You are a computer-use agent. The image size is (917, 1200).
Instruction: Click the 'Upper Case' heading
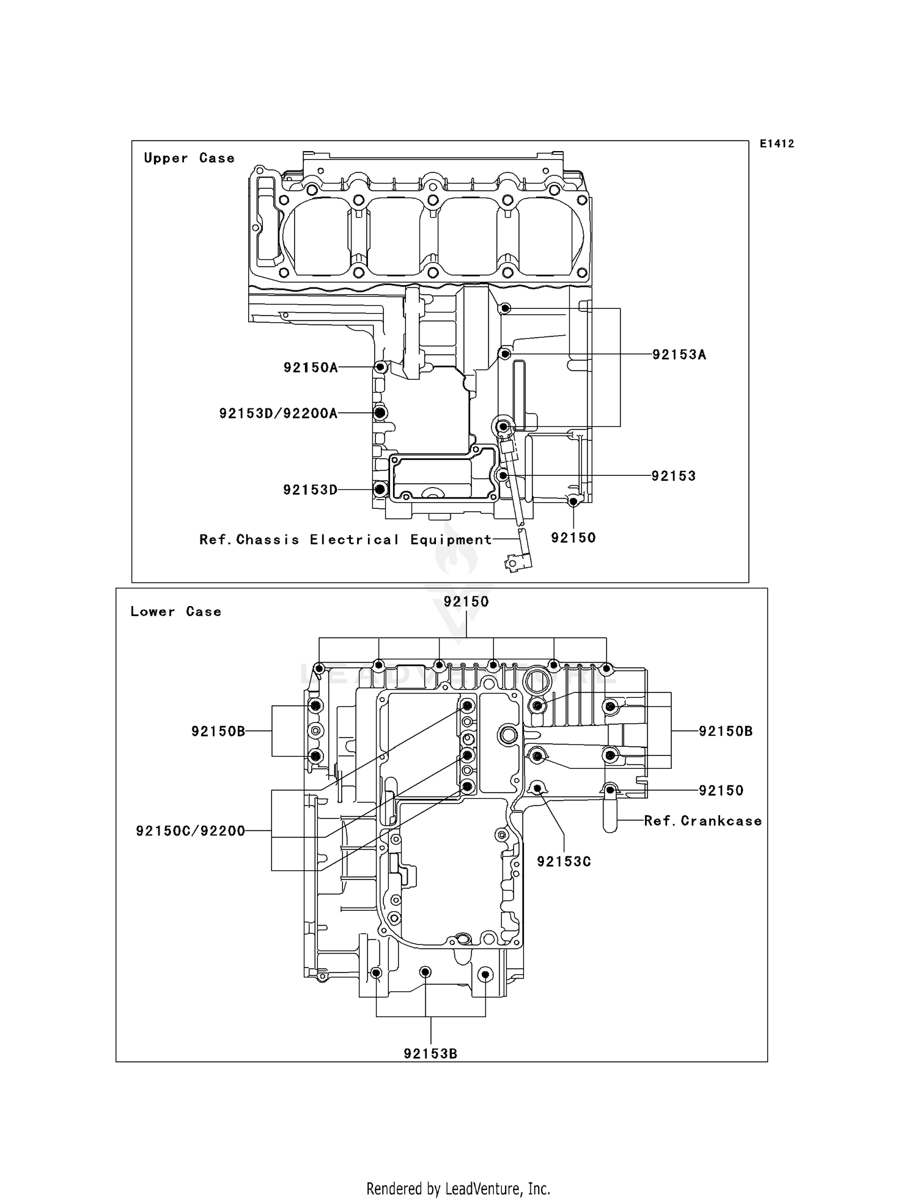click(x=189, y=158)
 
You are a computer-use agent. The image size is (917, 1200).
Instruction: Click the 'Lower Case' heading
click(x=175, y=612)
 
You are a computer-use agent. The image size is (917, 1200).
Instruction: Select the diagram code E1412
click(x=776, y=144)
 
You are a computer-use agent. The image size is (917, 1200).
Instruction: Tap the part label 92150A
click(x=310, y=368)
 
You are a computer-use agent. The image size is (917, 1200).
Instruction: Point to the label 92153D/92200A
click(x=278, y=413)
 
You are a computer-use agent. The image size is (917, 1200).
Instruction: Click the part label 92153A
click(x=679, y=355)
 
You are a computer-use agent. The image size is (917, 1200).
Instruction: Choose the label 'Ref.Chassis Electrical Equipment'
click(x=345, y=539)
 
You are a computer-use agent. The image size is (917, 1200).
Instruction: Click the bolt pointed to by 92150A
click(x=380, y=367)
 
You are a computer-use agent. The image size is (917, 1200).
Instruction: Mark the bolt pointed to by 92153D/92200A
click(x=380, y=413)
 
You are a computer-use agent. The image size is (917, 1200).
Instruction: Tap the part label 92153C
click(x=564, y=861)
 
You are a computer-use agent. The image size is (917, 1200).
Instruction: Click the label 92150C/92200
click(x=190, y=831)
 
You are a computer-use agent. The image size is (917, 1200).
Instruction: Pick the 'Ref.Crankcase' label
click(x=703, y=821)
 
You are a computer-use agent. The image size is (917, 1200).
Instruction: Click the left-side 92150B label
click(x=218, y=731)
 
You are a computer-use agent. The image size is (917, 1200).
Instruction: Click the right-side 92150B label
click(x=726, y=731)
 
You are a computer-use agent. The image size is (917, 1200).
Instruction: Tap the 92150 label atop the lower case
click(x=466, y=602)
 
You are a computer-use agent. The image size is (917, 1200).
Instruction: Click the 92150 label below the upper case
click(x=573, y=538)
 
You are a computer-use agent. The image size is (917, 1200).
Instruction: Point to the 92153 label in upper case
click(x=673, y=476)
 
